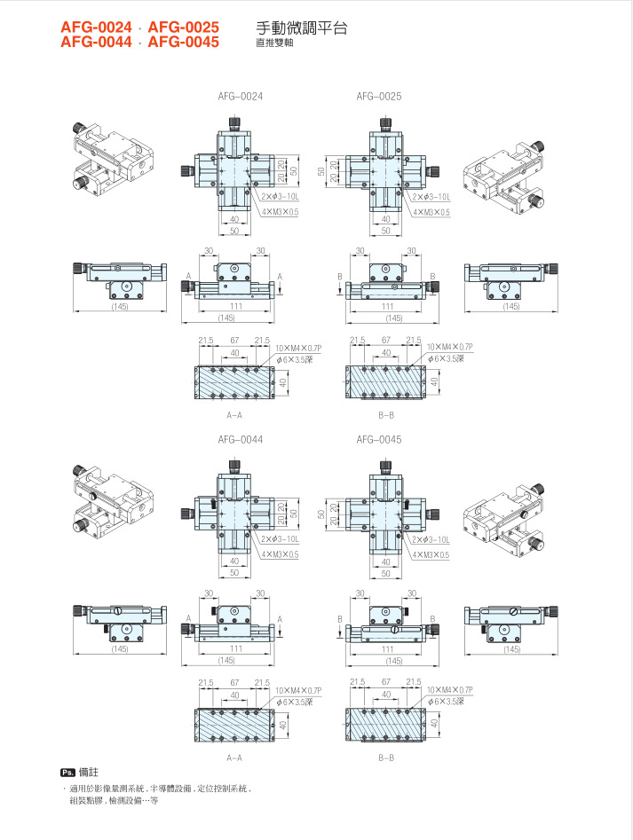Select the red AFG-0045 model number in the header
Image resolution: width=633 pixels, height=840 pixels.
coord(184,42)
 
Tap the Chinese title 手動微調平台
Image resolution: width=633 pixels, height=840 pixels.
coord(301,28)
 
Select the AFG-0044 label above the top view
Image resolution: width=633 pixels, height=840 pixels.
coord(240,439)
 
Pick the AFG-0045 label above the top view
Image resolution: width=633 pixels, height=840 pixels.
coord(379,439)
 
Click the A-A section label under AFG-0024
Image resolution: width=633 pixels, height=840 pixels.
coord(234,414)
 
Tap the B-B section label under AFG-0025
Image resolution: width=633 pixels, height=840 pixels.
coord(386,414)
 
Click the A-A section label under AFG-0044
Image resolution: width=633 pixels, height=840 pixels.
coord(234,758)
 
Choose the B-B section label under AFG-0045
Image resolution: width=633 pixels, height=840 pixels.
coord(386,758)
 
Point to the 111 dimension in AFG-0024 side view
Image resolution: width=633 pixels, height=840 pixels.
coord(236,306)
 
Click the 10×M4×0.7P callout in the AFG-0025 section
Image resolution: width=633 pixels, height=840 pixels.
coord(449,347)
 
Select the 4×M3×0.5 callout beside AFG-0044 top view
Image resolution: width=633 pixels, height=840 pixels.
coord(280,555)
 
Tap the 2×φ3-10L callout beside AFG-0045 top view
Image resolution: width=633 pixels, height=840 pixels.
coord(431,539)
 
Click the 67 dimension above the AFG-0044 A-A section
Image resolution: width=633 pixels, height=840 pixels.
coord(235,683)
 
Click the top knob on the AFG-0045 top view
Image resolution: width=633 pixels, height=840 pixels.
coord(386,464)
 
